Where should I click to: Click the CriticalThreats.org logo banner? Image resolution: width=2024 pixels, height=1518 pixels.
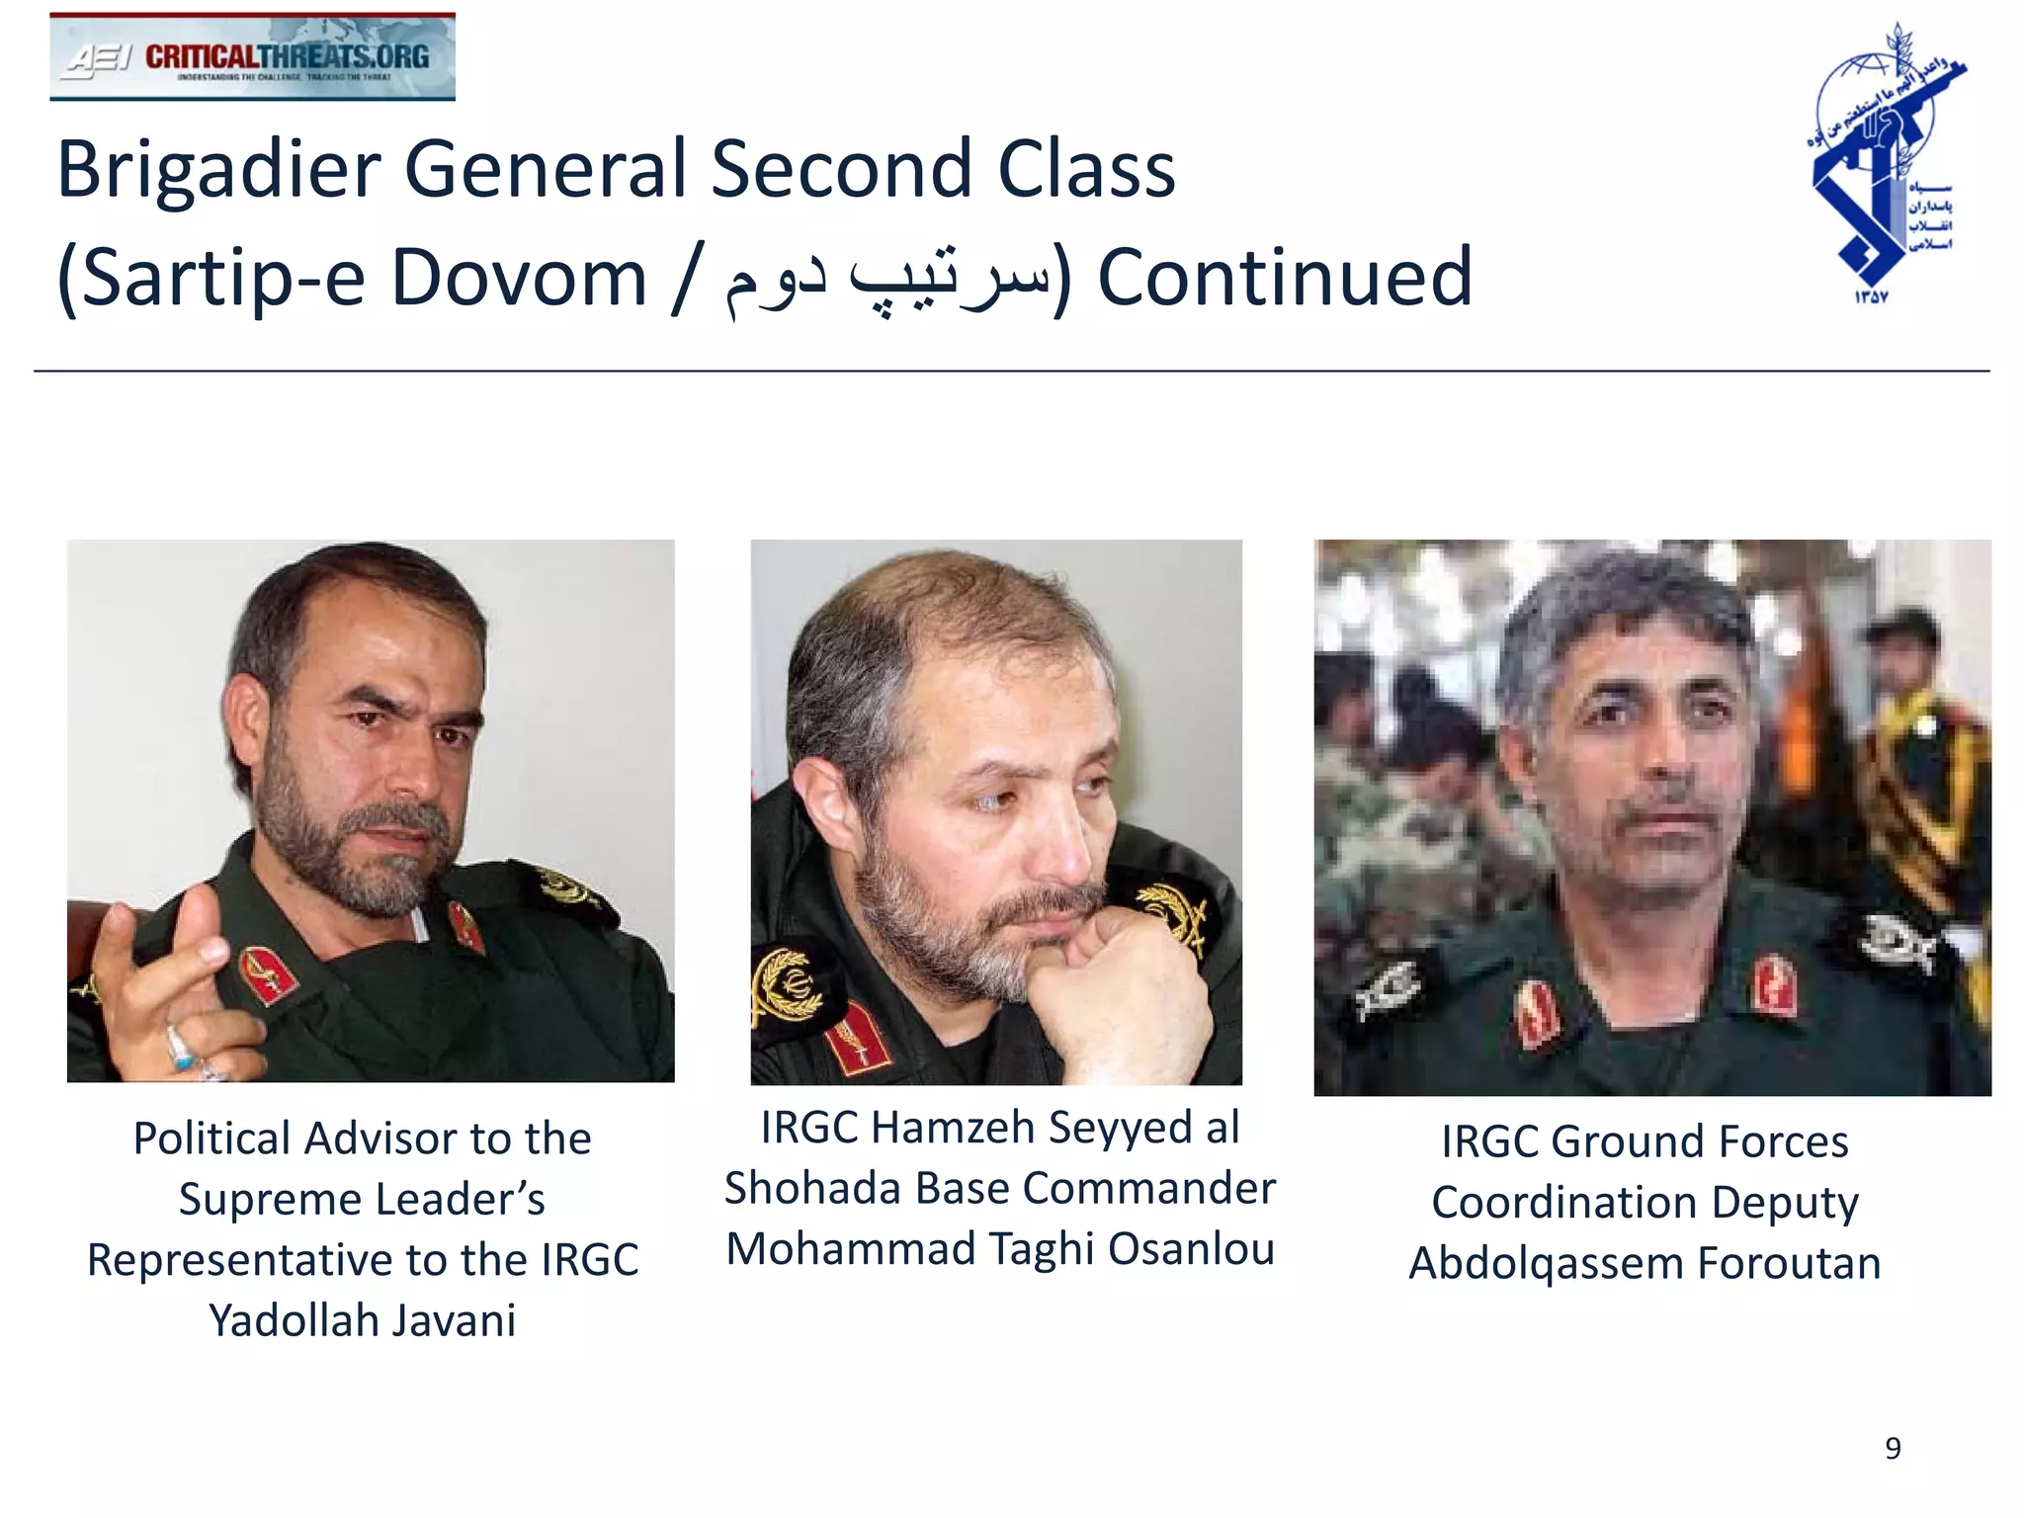(252, 56)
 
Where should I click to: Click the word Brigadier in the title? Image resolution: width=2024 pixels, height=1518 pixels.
(218, 170)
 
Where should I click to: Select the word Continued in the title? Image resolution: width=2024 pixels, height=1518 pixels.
(1285, 278)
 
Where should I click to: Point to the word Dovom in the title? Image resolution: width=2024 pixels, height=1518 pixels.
(518, 278)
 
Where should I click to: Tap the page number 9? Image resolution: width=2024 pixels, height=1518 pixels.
(1893, 1448)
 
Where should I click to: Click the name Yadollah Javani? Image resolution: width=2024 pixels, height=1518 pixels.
(362, 1320)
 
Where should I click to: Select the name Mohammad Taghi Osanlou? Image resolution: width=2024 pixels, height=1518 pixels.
(999, 1248)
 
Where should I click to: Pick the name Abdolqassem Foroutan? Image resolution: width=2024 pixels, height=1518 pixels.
(1644, 1263)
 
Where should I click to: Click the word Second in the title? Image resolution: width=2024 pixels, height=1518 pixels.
(842, 170)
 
